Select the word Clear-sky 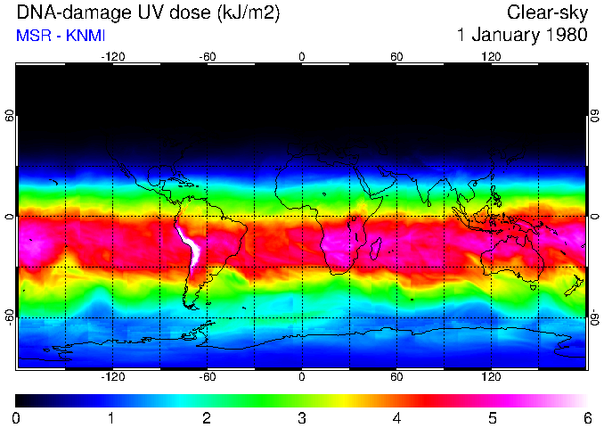(547, 12)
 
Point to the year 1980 (564, 36)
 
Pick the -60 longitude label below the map (208, 376)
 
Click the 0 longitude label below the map (302, 376)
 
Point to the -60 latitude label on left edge (10, 317)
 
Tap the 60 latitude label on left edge (10, 116)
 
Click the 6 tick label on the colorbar (586, 417)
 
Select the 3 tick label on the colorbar (301, 417)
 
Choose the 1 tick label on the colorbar (110, 417)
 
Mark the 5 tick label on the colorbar (491, 417)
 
